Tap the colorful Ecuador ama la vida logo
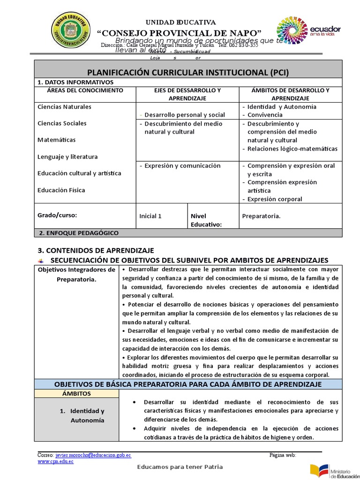(x=308, y=32)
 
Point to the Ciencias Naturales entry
(x=64, y=107)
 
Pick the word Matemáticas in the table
(x=56, y=140)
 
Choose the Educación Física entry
(x=61, y=190)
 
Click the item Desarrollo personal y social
(x=184, y=115)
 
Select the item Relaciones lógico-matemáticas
(x=292, y=149)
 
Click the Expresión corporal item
(x=275, y=199)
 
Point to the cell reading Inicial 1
(x=150, y=216)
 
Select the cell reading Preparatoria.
(x=261, y=216)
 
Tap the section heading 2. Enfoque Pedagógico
(x=79, y=233)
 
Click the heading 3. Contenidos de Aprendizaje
(x=95, y=251)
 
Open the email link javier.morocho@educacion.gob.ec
(x=93, y=455)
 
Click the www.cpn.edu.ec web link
(x=55, y=461)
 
